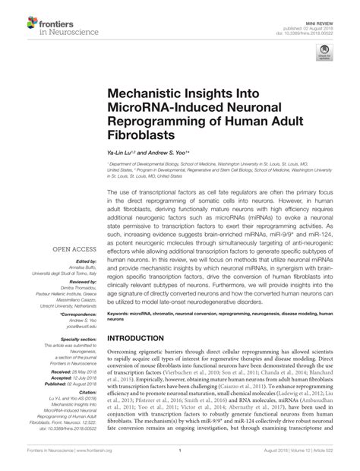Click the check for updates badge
point(324,54)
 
